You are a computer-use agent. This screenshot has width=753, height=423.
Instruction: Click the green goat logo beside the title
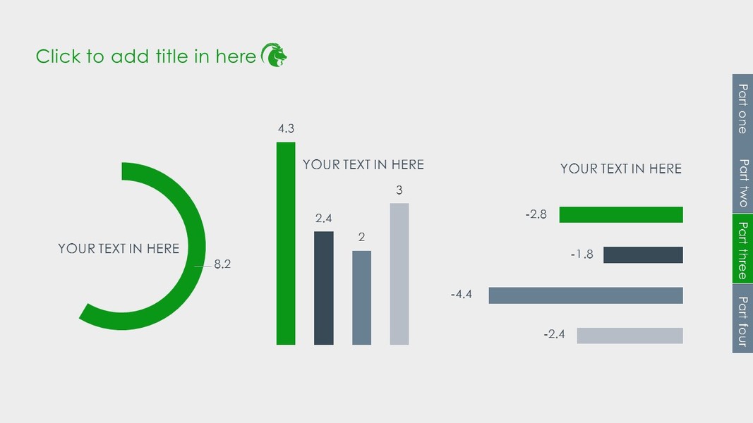coord(274,55)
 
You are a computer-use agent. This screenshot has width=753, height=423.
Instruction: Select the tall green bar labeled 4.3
coord(286,243)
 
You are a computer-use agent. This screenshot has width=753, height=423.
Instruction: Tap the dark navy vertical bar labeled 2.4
coord(324,288)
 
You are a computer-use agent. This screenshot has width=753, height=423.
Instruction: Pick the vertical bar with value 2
coord(361,298)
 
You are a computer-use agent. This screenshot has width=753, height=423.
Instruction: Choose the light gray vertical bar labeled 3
coord(399,274)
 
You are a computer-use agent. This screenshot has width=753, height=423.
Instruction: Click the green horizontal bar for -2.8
coord(621,214)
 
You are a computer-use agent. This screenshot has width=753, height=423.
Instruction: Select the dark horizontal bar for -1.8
coord(643,255)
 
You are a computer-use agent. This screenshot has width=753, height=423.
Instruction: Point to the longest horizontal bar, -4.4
coord(586,295)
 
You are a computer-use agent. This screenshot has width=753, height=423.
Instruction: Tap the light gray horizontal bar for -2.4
coord(629,336)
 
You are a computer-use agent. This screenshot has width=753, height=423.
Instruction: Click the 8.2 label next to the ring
coord(222,264)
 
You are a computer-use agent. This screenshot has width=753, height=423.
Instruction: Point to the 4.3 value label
coord(287,128)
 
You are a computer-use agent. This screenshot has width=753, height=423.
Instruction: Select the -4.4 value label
coord(461,294)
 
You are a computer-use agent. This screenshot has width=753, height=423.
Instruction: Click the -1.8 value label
coord(582,254)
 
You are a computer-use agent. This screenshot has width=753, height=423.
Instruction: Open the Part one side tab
coord(742,109)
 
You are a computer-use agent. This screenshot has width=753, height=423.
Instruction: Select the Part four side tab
coord(742,319)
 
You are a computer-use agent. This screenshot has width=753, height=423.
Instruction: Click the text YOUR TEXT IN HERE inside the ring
coord(119,248)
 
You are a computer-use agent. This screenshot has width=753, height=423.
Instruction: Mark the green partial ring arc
coord(196,246)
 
